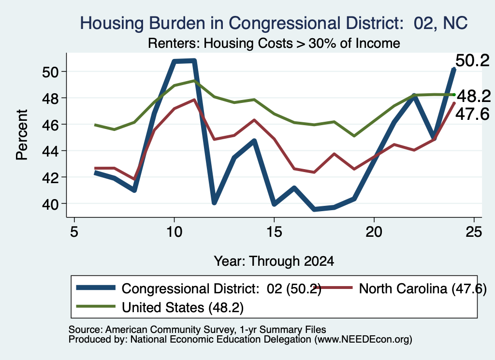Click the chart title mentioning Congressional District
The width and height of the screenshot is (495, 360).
[274, 23]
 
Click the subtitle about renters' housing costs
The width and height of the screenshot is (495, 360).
[274, 43]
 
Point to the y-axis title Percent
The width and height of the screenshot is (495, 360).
[22, 135]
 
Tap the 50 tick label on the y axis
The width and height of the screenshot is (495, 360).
[50, 72]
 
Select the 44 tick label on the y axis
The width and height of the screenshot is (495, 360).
[50, 151]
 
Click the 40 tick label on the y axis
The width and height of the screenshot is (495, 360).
[50, 204]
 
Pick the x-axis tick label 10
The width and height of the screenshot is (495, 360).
[174, 232]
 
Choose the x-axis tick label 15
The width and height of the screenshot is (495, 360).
[274, 232]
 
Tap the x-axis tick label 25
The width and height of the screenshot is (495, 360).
[474, 232]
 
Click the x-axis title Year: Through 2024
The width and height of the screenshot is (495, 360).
[274, 261]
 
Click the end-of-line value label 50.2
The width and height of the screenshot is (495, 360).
[473, 60]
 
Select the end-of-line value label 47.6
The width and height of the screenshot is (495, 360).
[472, 114]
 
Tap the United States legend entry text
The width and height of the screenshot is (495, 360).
[183, 307]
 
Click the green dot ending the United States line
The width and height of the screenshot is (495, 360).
[454, 95]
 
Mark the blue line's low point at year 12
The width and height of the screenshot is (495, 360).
[214, 202]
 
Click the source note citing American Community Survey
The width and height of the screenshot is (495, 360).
[197, 330]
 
